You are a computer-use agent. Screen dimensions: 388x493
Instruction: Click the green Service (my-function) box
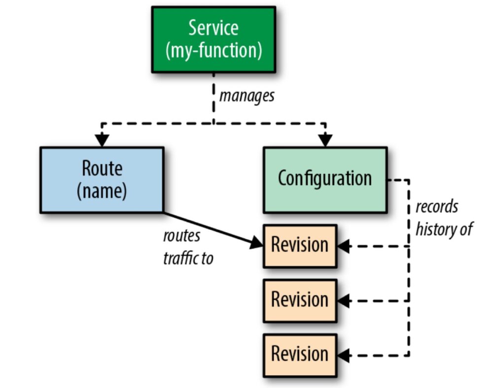[213, 39]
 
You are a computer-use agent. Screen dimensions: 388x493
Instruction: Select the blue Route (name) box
[102, 180]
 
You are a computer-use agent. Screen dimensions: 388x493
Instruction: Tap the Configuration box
[325, 180]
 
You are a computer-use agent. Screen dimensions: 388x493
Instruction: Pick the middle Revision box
[300, 300]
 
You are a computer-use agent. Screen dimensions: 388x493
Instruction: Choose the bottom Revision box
[300, 354]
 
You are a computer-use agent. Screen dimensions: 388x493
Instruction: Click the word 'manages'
[246, 96]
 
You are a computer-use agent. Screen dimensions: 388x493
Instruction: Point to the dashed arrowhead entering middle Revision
[344, 300]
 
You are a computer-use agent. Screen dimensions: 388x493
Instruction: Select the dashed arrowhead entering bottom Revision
[344, 355]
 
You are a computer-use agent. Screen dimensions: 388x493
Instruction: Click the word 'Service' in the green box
[213, 29]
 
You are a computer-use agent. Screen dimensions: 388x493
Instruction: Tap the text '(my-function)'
[213, 50]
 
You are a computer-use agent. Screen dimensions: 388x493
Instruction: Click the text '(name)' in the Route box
[102, 192]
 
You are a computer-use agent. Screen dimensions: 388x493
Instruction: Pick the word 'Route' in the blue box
[102, 168]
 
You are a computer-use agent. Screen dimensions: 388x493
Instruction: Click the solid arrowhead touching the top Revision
[257, 243]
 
